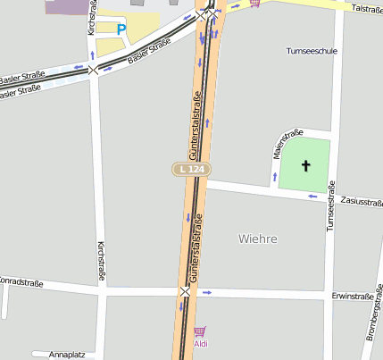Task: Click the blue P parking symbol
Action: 121,29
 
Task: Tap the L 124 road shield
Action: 188,169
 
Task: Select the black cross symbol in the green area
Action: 306,165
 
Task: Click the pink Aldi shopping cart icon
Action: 199,331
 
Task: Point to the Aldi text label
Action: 203,343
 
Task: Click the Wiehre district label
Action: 258,239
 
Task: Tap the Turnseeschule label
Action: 312,51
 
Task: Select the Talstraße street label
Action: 367,8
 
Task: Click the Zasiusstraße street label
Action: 362,202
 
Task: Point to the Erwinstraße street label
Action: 351,296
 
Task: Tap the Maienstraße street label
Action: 285,146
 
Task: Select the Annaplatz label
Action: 67,354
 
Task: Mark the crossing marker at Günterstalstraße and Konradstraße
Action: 185,292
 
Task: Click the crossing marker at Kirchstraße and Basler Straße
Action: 93,69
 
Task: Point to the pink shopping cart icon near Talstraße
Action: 256,4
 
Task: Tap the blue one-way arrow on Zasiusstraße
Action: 312,196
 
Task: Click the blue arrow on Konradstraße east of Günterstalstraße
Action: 207,292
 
